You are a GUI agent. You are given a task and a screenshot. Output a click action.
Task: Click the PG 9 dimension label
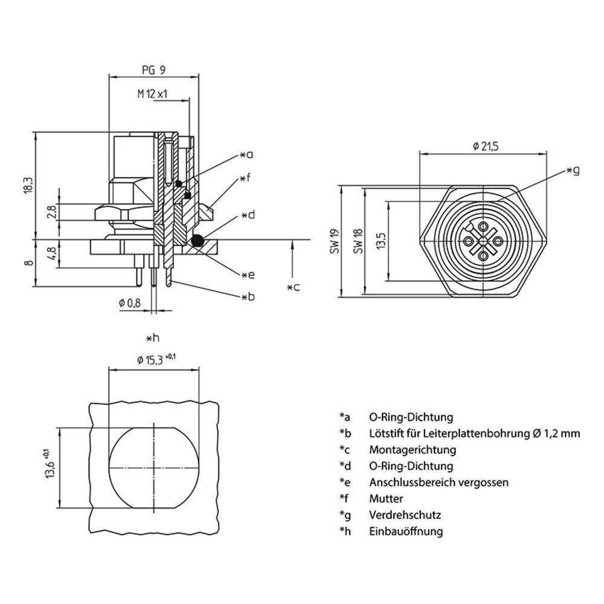coord(153,70)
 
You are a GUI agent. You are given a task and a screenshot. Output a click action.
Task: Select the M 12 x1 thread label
coord(152,94)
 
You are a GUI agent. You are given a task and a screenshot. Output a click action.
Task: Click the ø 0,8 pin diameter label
coord(130,303)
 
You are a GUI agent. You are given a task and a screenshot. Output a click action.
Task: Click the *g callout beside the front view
coord(573,171)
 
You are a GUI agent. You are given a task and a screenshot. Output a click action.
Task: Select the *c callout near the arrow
coord(293,287)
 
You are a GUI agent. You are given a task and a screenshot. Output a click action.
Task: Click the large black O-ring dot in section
coord(196,242)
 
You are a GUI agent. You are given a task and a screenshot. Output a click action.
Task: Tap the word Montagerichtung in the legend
coord(413,450)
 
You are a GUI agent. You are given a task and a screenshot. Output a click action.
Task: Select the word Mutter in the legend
coord(386,499)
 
